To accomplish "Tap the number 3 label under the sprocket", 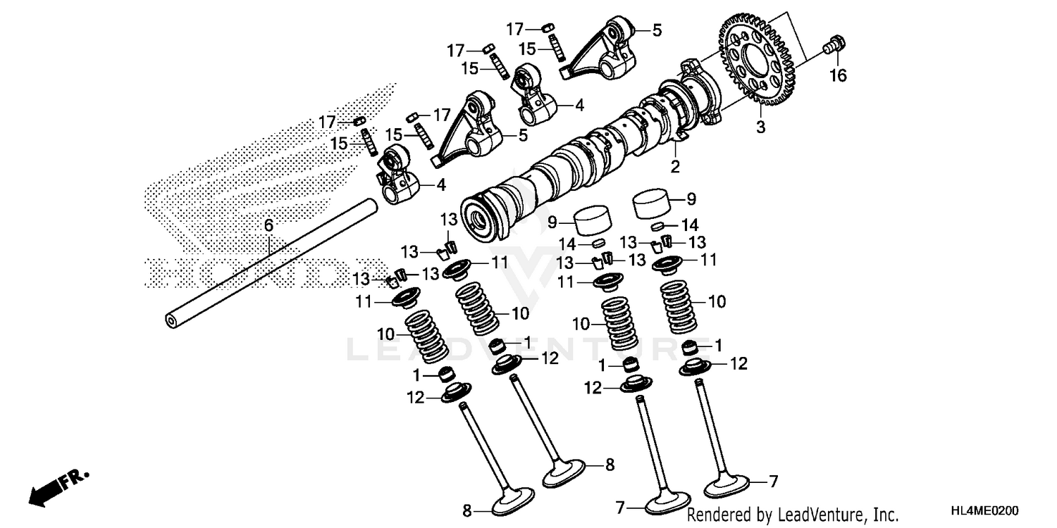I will click(x=760, y=127).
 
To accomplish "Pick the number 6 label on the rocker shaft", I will click(x=268, y=225).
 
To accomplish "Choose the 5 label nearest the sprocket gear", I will click(x=657, y=30).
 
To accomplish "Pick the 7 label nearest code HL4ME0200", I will click(x=774, y=482).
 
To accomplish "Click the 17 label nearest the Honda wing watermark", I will click(x=326, y=122).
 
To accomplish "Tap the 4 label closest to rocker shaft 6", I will click(x=440, y=185).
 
